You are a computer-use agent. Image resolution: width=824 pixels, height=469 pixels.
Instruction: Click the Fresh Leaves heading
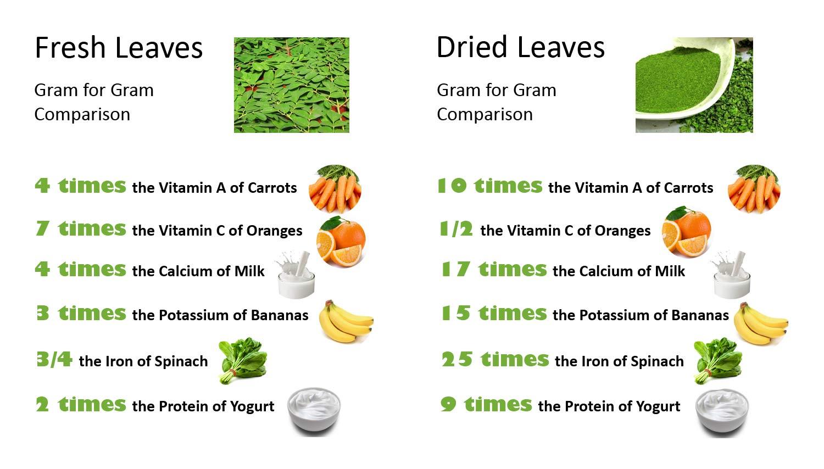[118, 48]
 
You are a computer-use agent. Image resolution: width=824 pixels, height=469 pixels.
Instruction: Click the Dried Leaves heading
[520, 47]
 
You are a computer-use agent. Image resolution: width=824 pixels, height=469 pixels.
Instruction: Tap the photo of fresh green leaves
[291, 85]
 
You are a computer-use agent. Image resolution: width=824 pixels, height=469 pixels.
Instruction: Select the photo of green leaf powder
[694, 85]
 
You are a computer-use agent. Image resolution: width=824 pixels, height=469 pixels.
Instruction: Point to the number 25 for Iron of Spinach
[456, 360]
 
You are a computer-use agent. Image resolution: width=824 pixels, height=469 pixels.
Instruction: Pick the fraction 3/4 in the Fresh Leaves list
[54, 360]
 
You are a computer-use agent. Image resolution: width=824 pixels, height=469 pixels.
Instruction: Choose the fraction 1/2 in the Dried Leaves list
[456, 229]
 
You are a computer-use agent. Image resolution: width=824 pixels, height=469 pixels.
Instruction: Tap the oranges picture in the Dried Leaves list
[687, 231]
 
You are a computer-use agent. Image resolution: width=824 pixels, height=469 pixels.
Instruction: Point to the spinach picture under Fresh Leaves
[242, 360]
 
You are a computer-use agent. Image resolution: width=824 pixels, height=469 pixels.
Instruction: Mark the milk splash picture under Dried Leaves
[731, 275]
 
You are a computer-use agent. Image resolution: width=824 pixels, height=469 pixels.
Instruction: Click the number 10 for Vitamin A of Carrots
[451, 186]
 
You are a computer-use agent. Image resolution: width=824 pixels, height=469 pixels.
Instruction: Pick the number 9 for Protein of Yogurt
[448, 405]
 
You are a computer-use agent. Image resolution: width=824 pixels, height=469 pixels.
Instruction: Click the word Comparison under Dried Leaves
[485, 114]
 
